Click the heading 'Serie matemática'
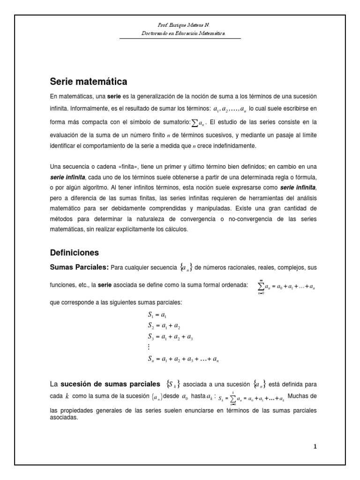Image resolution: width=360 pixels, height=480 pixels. [x=89, y=82]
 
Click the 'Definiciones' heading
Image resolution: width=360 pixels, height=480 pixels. [x=75, y=252]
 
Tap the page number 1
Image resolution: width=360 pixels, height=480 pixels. [x=315, y=447]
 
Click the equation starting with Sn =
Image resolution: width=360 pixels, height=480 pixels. [x=183, y=360]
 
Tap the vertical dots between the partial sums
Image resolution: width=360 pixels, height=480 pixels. [x=149, y=348]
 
